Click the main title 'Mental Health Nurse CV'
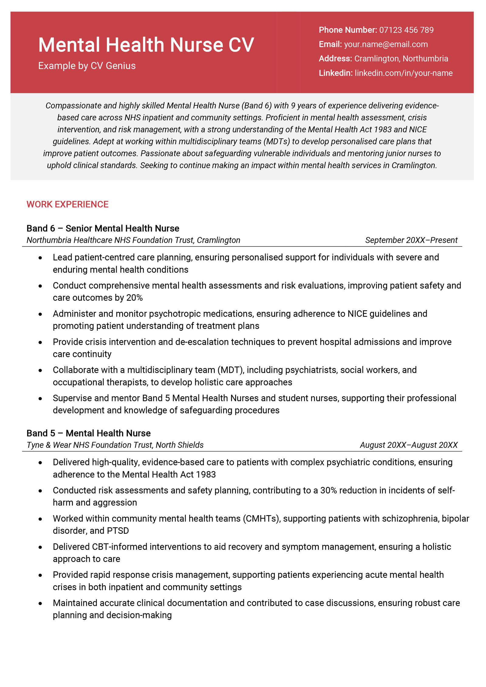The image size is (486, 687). click(x=146, y=45)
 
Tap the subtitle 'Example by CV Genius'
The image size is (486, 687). click(x=87, y=66)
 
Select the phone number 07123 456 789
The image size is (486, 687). click(x=406, y=30)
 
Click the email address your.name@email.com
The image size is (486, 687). click(x=385, y=44)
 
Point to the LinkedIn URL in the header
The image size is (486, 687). click(x=403, y=73)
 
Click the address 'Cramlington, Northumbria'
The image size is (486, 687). click(x=401, y=59)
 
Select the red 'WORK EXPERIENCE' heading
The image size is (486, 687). click(x=67, y=204)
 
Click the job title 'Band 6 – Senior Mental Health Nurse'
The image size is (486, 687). click(x=103, y=228)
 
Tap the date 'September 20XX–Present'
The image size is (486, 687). click(x=411, y=240)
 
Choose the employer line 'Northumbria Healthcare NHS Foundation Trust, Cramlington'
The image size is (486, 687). click(x=133, y=240)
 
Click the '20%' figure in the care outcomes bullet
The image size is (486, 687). click(x=134, y=298)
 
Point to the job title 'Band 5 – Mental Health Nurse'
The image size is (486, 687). click(x=88, y=433)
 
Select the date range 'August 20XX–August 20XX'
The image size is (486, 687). click(x=409, y=445)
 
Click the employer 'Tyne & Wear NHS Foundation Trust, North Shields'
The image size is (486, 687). click(x=115, y=445)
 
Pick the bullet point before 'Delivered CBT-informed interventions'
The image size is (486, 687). click(x=40, y=547)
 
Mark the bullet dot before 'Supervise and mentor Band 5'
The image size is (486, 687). click(x=40, y=399)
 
